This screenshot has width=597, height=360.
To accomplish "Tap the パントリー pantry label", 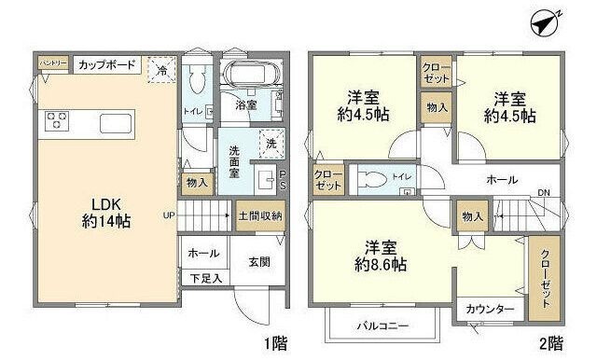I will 53,62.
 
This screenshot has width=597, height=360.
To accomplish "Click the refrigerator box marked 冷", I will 161,69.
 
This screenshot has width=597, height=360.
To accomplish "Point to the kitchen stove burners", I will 55,120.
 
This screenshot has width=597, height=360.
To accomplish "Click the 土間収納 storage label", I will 258,215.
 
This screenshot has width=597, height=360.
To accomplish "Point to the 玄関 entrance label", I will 259,264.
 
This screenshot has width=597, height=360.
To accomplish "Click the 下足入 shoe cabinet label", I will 206,277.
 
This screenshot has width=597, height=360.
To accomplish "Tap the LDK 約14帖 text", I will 106,214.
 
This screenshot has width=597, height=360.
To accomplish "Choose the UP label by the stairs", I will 168,215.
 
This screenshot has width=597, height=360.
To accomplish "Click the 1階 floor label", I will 275,343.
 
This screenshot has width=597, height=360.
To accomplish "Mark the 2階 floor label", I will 551,343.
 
